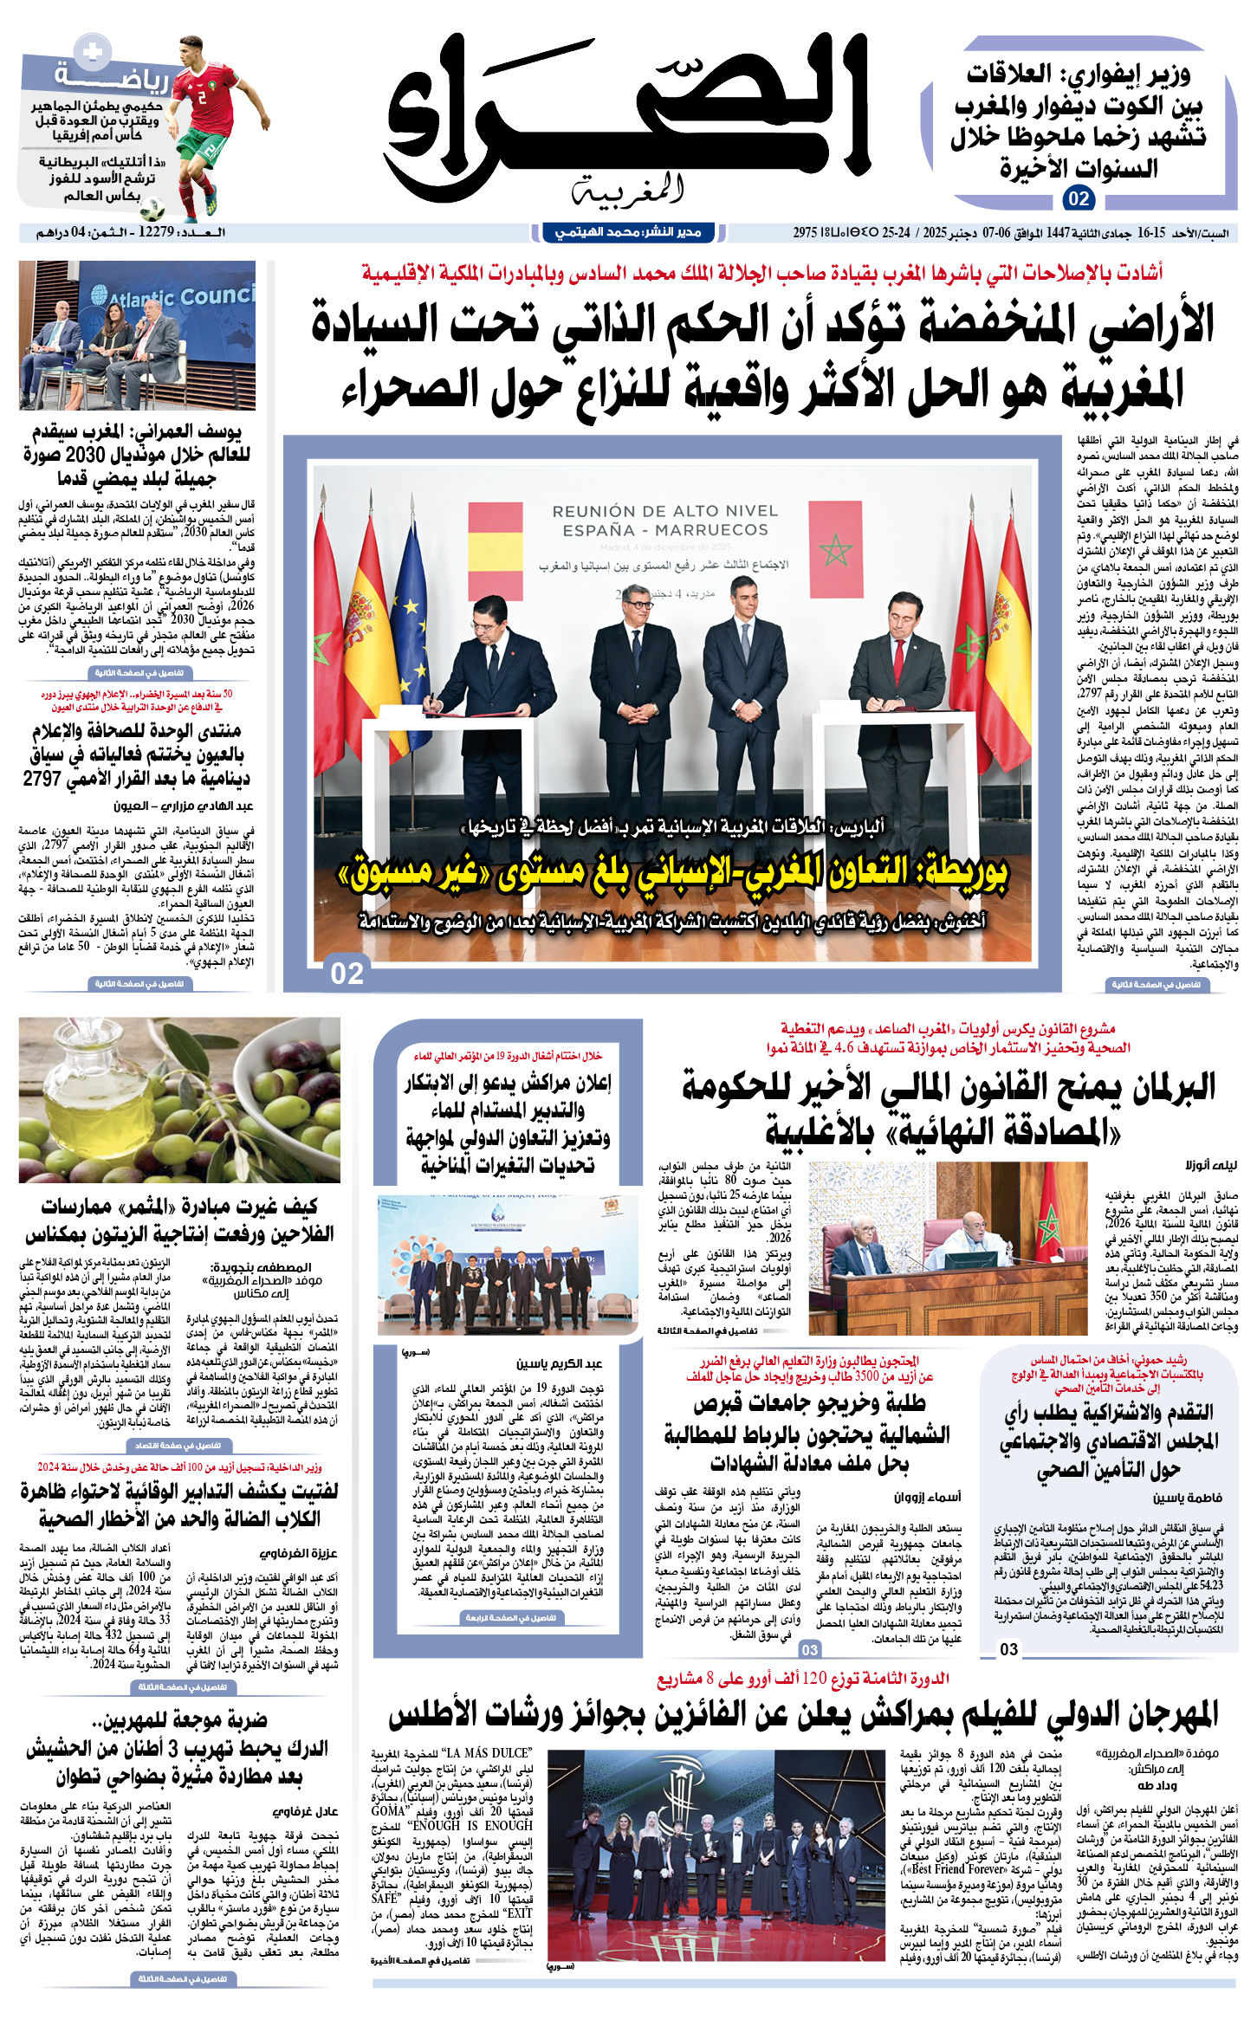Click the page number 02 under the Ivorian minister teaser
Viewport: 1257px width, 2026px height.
click(1078, 198)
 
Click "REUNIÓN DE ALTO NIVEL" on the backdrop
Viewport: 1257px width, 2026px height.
click(664, 511)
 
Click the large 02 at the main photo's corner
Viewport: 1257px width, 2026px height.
click(347, 974)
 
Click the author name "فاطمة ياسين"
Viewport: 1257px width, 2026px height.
click(1188, 1498)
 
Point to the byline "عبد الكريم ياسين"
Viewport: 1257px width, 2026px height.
click(560, 1363)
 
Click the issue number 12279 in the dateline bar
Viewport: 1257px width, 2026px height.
click(156, 232)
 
